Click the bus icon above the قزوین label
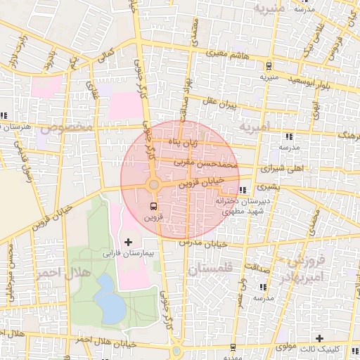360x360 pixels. click(153, 206)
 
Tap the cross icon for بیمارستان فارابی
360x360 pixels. click(127, 242)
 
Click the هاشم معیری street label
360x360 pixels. click(231, 53)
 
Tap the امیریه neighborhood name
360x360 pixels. click(254, 127)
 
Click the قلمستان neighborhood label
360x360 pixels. click(210, 269)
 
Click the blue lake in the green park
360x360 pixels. click(107, 296)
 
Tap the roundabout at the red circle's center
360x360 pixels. click(153, 184)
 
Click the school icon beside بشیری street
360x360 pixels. click(243, 190)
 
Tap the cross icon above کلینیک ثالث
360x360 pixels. click(321, 338)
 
